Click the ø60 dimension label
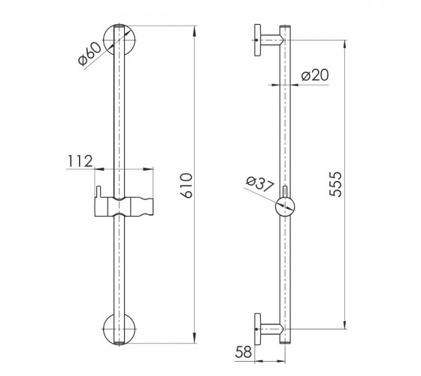click(x=89, y=54)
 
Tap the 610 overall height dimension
click(x=187, y=186)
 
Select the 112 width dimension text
click(x=80, y=161)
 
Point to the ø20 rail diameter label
click(x=315, y=75)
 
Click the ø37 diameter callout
click(x=260, y=184)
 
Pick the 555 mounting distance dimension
click(x=336, y=184)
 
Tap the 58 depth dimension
click(x=244, y=352)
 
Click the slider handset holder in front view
click(x=124, y=207)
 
